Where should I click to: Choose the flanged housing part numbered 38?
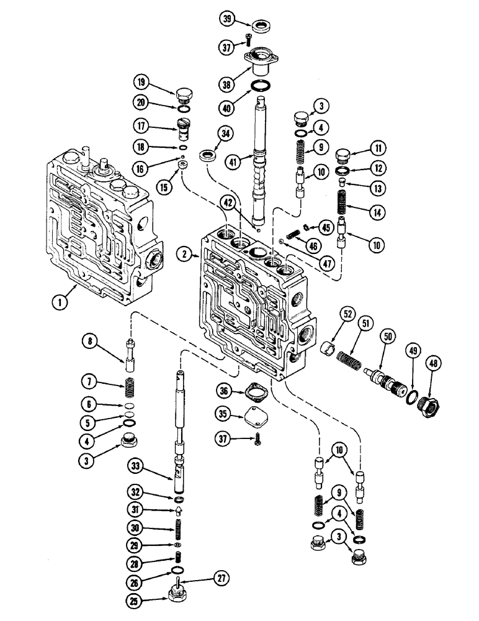(x=261, y=63)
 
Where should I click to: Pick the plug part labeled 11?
(x=344, y=154)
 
